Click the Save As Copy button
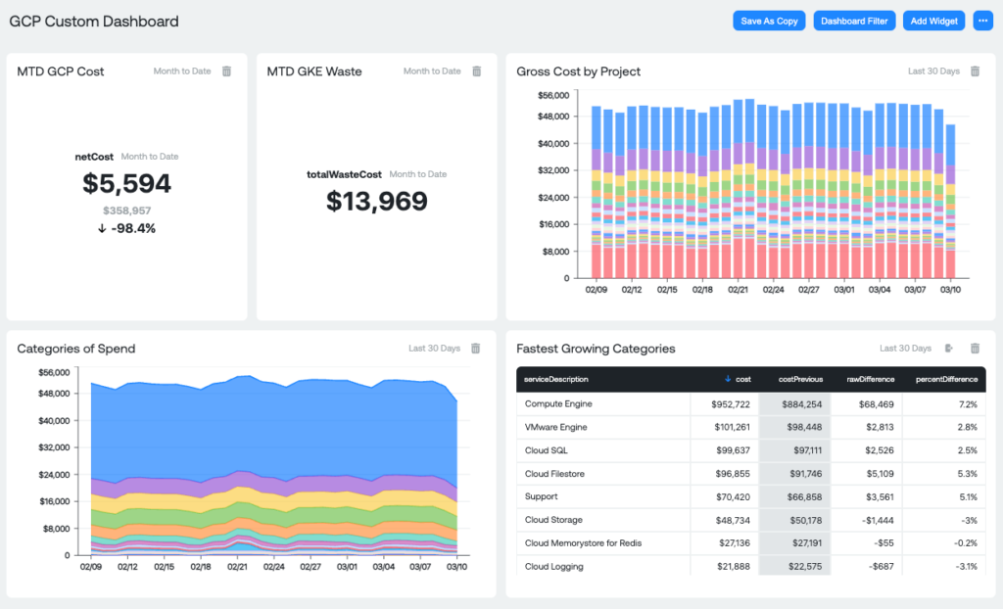click(x=769, y=21)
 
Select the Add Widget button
click(x=933, y=21)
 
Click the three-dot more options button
click(x=982, y=21)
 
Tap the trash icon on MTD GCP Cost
click(x=226, y=71)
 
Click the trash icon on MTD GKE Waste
click(x=477, y=71)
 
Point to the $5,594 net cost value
click(x=127, y=183)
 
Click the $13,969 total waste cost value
click(x=376, y=201)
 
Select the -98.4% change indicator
click(x=127, y=228)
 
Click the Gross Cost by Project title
click(x=579, y=71)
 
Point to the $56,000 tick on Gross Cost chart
click(x=553, y=95)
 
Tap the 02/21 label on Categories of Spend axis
click(x=237, y=566)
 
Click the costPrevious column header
click(x=800, y=379)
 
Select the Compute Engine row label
click(x=558, y=403)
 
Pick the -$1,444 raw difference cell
click(x=874, y=520)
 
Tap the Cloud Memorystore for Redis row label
click(x=583, y=542)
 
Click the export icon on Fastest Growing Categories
click(x=949, y=348)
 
